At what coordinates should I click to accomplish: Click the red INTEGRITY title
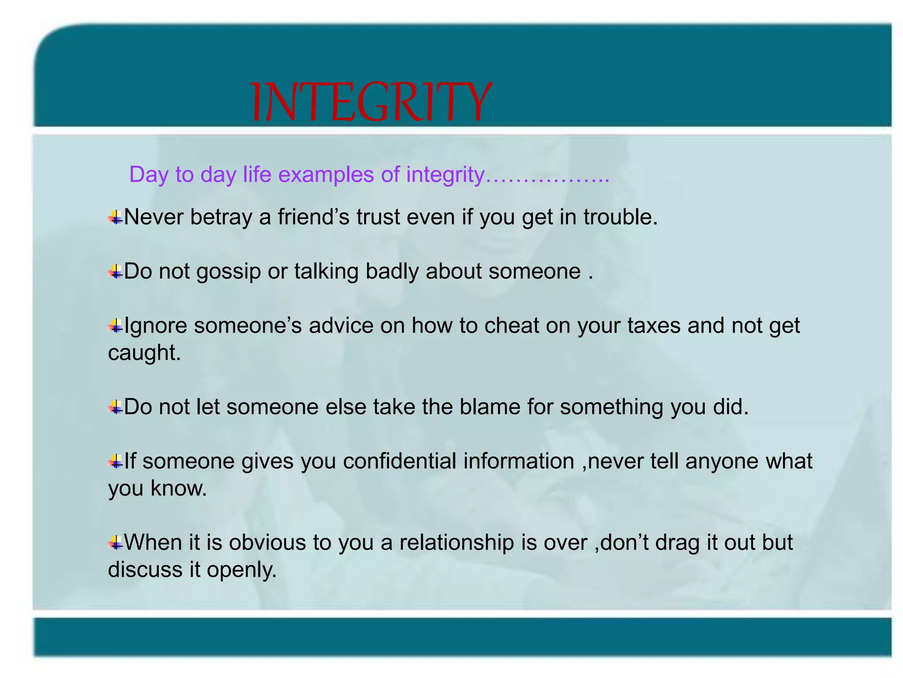370,102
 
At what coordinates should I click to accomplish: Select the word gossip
228,272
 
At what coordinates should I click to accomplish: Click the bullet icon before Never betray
116,217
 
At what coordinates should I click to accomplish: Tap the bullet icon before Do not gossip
116,271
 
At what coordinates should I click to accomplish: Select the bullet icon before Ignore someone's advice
116,326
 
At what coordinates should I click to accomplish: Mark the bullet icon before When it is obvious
116,542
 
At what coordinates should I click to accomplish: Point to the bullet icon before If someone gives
116,461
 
